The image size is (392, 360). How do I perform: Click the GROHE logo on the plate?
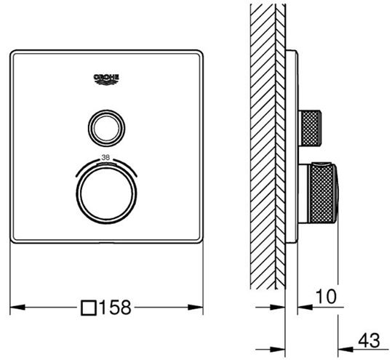click(x=106, y=79)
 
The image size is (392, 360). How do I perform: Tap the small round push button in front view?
click(x=106, y=128)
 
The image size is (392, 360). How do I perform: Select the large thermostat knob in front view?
click(x=106, y=193)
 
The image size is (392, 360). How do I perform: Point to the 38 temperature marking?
click(x=105, y=158)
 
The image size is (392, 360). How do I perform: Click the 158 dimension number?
click(x=115, y=307)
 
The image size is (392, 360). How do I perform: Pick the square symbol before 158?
click(x=89, y=308)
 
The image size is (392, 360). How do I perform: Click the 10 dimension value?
click(x=326, y=297)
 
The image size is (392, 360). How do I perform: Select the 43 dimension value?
click(x=369, y=340)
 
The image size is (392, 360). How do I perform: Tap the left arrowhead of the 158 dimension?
click(x=17, y=307)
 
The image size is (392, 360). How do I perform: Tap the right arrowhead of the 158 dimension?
click(x=195, y=307)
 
